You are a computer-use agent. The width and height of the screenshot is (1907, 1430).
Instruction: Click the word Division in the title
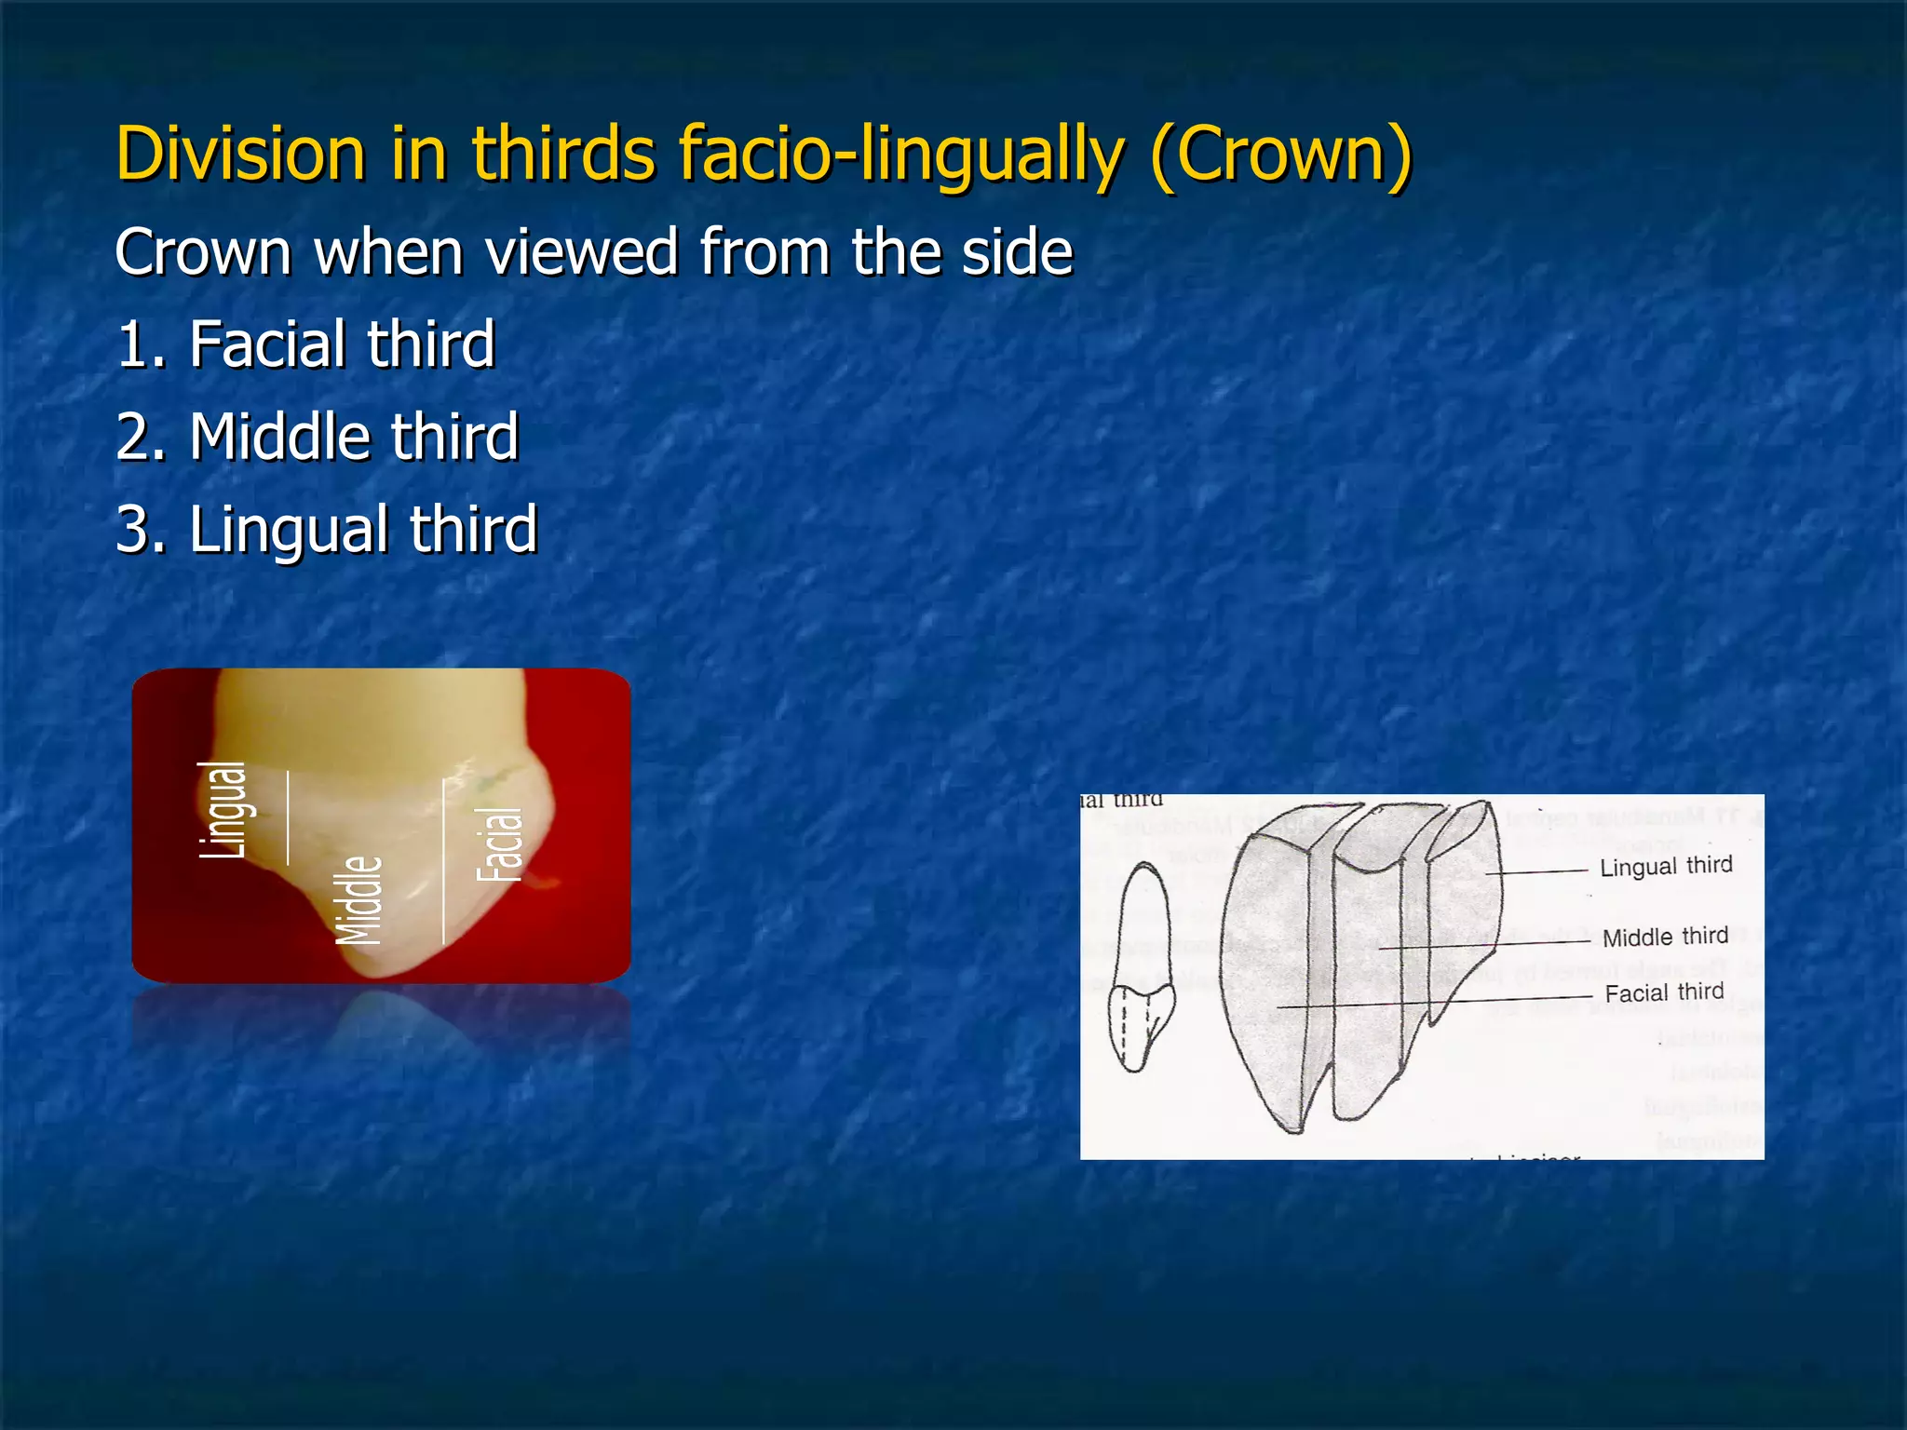click(240, 154)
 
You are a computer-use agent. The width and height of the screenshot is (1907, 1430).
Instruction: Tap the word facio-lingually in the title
click(900, 154)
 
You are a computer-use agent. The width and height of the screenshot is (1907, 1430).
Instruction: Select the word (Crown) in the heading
click(1282, 154)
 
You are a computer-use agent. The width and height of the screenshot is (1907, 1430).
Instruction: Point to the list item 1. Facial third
click(305, 344)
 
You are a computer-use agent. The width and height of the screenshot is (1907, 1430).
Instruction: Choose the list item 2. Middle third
click(318, 437)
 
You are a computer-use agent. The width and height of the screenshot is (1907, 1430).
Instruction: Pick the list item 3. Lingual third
click(327, 529)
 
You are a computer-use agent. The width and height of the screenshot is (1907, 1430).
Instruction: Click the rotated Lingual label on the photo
click(223, 809)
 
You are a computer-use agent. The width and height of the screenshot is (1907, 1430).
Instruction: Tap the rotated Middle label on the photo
click(359, 899)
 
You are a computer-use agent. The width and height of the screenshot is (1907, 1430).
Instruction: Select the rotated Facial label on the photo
click(500, 843)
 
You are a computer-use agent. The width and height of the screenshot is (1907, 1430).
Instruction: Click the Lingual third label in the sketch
click(1666, 866)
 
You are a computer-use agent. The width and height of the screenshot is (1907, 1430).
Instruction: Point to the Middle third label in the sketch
click(1665, 937)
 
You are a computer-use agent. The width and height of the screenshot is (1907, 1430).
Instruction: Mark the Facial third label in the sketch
click(1664, 992)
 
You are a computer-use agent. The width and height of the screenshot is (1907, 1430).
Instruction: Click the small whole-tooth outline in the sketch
click(1141, 968)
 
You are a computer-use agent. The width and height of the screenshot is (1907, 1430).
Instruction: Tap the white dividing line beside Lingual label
click(288, 817)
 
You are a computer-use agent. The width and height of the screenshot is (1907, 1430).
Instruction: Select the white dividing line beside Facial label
click(443, 861)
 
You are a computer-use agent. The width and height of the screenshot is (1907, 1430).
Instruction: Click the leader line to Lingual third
click(1536, 872)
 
